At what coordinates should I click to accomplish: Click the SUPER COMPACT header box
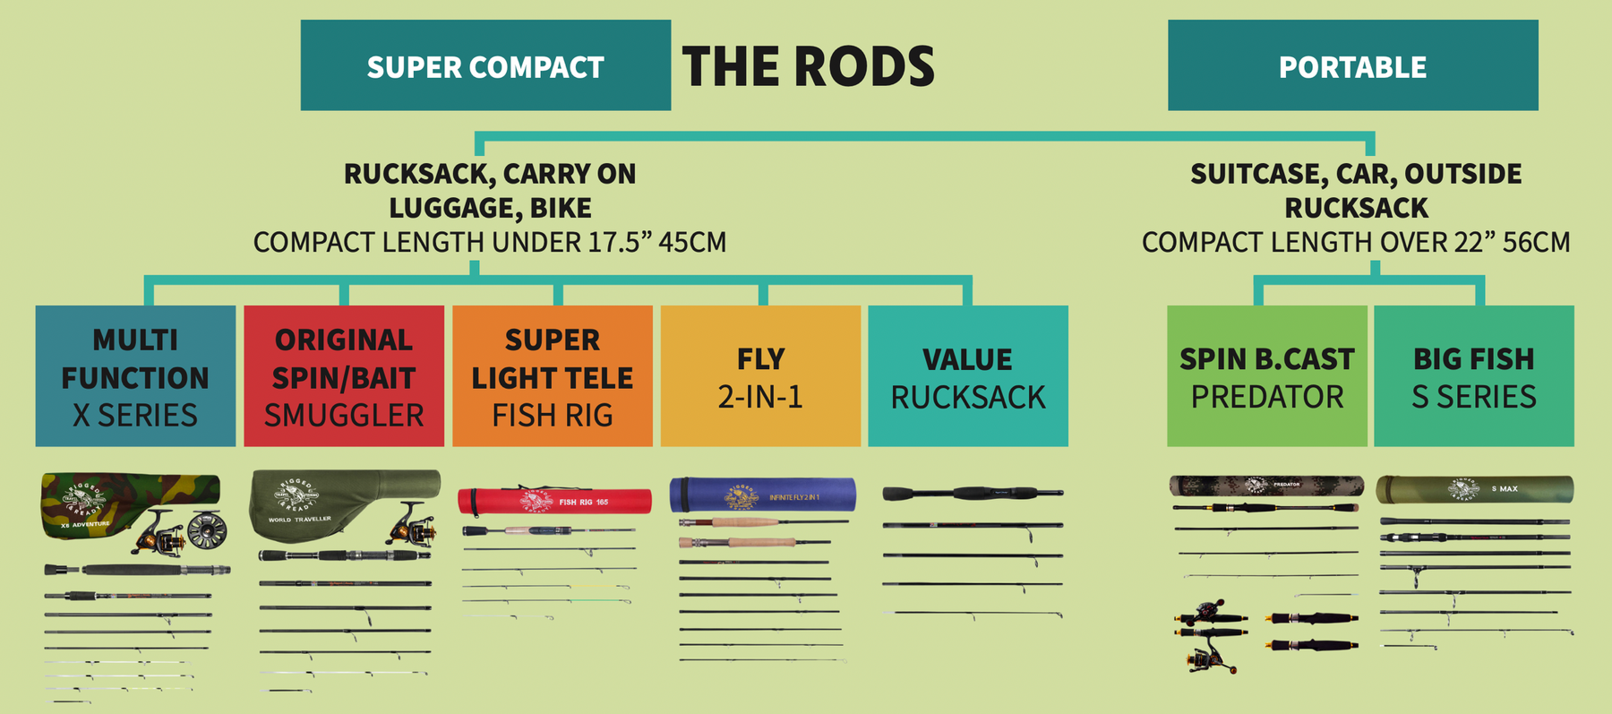(485, 65)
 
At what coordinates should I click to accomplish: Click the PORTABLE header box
(1352, 65)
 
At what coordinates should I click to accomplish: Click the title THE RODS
(808, 66)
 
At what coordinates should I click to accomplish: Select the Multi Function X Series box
(135, 376)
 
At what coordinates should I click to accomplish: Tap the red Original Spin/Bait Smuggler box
(344, 376)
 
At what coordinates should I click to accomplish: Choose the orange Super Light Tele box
(553, 376)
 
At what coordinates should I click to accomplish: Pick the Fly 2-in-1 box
(760, 376)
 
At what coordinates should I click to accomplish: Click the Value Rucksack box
(968, 376)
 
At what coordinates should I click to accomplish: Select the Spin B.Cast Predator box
(1266, 376)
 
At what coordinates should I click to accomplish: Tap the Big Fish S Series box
(1474, 376)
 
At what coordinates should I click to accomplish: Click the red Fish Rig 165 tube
(555, 501)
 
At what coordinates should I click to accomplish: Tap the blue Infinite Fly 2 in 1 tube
(762, 495)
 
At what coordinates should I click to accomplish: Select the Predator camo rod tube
(1266, 486)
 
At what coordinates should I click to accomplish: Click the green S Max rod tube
(1474, 489)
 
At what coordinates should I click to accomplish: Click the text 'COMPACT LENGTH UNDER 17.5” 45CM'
(490, 243)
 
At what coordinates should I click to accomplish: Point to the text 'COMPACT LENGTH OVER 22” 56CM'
(1356, 243)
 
